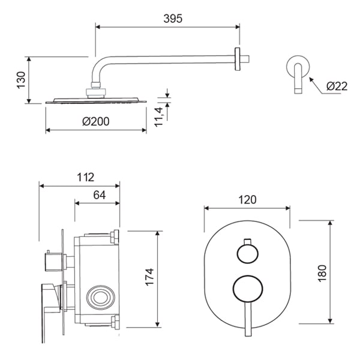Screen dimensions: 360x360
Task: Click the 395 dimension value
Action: pos(173,19)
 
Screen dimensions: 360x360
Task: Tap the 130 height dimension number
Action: pos(21,80)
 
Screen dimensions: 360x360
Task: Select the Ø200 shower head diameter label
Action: pos(96,121)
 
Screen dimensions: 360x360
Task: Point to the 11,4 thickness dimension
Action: pos(158,117)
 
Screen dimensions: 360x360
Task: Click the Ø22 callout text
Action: pos(337,86)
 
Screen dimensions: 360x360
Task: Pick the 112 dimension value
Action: pos(85,177)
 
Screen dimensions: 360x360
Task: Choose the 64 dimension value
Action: pos(100,195)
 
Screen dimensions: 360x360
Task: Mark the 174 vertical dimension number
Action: pos(149,277)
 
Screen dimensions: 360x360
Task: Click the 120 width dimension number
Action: pos(247,200)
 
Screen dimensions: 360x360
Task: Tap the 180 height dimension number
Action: pos(322,273)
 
